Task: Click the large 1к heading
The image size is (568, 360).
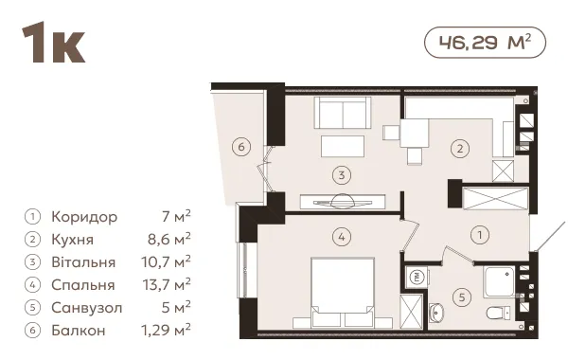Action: (x=54, y=43)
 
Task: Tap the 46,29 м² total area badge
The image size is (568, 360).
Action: (x=485, y=43)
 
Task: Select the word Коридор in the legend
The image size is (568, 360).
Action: (x=84, y=217)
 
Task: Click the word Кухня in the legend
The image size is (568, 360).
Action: (x=73, y=240)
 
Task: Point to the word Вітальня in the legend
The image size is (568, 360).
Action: (x=83, y=262)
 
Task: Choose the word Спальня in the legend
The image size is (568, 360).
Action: (x=83, y=285)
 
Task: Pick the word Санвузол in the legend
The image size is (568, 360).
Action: (x=87, y=308)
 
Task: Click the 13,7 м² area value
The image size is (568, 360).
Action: (x=167, y=284)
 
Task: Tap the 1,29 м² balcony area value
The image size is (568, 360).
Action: (x=166, y=330)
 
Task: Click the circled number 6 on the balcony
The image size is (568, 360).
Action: (x=241, y=147)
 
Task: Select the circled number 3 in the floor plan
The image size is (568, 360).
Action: (x=342, y=175)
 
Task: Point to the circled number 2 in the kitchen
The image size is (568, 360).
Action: (x=460, y=149)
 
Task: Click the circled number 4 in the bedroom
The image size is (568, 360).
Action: (x=342, y=237)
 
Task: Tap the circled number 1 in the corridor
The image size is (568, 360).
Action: (x=480, y=235)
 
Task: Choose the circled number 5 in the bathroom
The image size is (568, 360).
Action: (x=462, y=297)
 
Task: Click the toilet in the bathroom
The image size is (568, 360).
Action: (x=499, y=313)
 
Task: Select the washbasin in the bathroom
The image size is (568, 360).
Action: (x=436, y=313)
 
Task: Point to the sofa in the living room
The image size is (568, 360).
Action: (x=343, y=113)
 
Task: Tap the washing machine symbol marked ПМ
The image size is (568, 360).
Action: (x=417, y=278)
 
